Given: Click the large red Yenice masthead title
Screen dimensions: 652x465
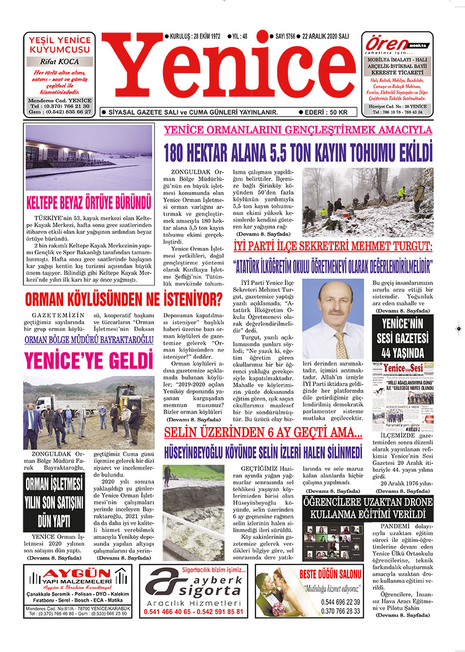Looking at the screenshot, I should tap(231, 73).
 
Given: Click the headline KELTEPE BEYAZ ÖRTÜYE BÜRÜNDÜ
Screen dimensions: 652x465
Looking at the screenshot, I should tap(89, 202).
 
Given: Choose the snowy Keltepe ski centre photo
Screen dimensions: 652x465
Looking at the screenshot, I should tap(89, 157).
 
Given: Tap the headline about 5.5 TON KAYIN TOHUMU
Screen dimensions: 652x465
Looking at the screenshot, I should tap(298, 152).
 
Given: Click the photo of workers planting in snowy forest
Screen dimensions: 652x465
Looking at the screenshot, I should tap(364, 202).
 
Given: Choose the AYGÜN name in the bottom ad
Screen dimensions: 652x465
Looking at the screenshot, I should tap(78, 572).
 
